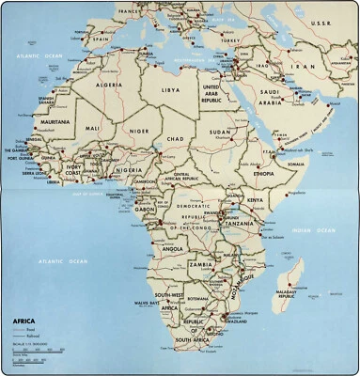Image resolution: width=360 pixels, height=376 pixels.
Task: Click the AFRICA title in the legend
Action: [24, 321]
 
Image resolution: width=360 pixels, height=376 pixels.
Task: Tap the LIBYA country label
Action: [170, 90]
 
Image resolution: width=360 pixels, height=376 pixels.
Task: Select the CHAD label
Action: [175, 139]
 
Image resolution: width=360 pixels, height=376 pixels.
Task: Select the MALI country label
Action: [92, 127]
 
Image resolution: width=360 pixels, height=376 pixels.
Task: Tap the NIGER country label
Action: [139, 132]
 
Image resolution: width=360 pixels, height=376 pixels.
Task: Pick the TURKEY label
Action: [231, 40]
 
